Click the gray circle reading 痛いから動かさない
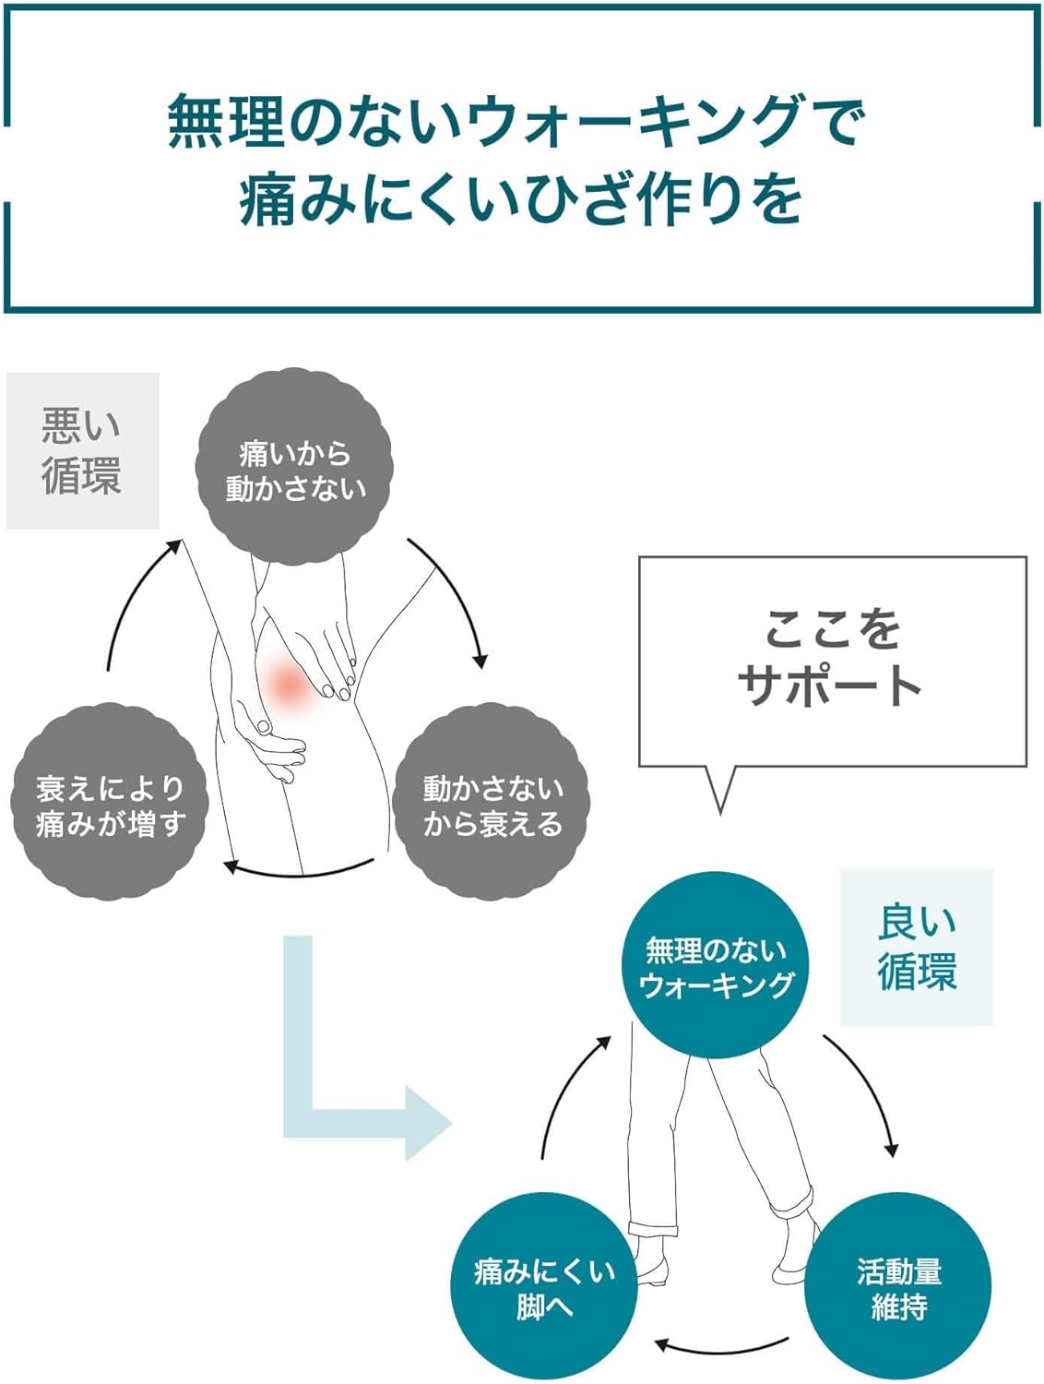[x=294, y=468]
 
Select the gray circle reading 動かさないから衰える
[x=492, y=803]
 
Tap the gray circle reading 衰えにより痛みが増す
[x=110, y=803]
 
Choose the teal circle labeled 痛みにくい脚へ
[x=543, y=1286]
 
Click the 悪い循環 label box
[x=82, y=451]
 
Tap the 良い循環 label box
[x=916, y=947]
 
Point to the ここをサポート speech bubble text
[x=831, y=657]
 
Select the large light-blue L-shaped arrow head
[x=426, y=1123]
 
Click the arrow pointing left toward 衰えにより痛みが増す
[x=300, y=869]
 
